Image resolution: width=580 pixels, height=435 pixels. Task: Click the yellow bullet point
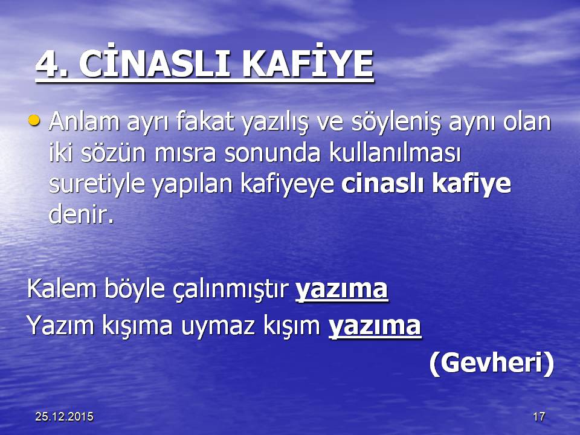[x=34, y=120]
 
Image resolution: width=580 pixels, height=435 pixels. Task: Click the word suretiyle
[x=97, y=185]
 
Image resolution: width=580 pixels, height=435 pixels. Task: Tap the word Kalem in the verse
[x=62, y=288]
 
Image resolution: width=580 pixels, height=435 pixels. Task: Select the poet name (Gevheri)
[x=492, y=363]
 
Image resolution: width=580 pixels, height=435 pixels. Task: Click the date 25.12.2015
[x=65, y=417]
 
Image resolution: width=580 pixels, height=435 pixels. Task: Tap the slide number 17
[x=539, y=417]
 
